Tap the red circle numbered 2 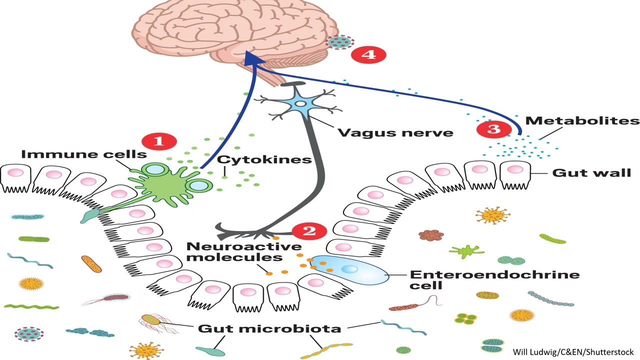309,231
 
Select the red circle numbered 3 493,129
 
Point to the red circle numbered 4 368,54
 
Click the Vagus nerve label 395,133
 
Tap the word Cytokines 265,160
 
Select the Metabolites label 582,121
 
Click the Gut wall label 591,173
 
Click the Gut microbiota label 269,328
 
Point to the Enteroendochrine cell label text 494,279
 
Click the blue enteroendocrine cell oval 352,269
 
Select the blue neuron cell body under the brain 300,105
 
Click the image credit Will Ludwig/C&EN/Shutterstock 573,351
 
